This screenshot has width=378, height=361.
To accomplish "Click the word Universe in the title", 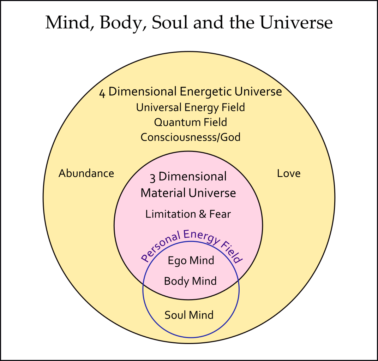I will point(296,23).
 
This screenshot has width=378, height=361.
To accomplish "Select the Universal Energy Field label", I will point(191,107).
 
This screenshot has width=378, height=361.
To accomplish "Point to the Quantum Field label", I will point(191,122).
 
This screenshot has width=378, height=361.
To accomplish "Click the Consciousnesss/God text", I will point(191,137).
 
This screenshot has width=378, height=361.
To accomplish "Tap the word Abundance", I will point(86,173).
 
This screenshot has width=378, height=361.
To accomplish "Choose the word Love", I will point(289,173).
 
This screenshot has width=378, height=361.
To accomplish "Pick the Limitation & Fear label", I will point(188,214).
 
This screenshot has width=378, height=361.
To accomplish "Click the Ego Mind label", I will point(191,261).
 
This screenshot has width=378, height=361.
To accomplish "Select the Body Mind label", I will point(190,281).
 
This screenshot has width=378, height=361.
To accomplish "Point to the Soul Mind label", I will point(189,315).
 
